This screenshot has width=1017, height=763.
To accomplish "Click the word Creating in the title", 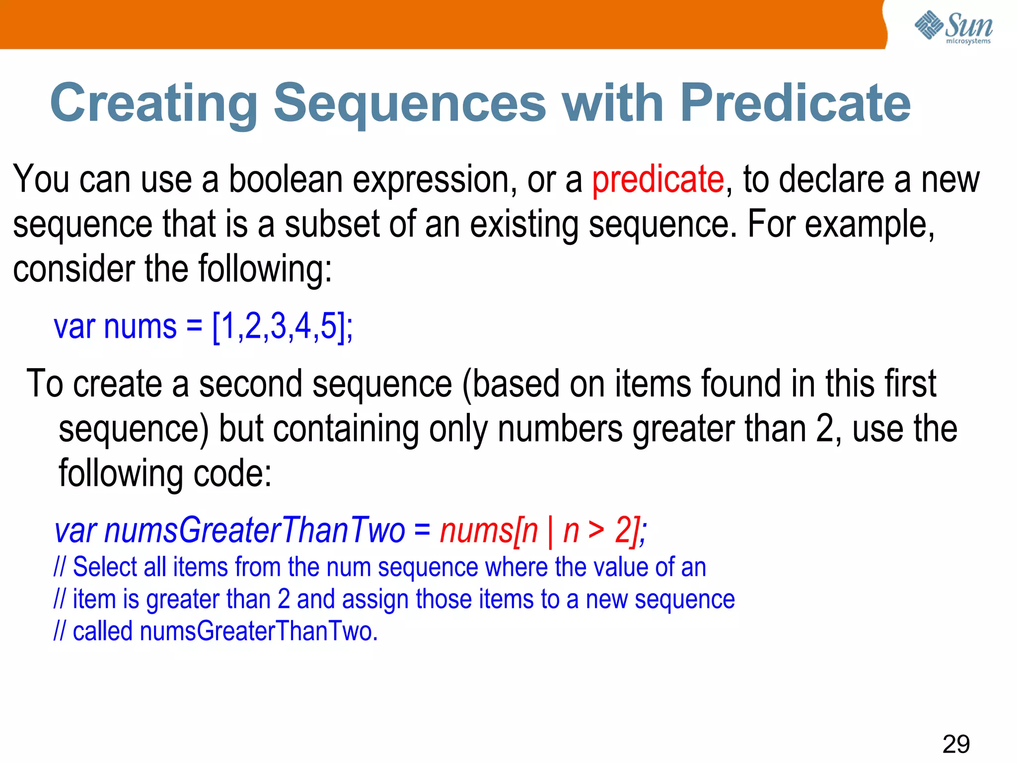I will (154, 103).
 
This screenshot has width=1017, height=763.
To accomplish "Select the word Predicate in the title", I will (795, 103).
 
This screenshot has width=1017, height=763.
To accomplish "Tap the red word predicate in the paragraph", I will (658, 180).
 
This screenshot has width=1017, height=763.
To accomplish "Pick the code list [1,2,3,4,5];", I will (282, 327).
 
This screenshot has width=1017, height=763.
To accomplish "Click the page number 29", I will (956, 744).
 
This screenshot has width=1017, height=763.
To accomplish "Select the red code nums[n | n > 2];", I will (543, 531).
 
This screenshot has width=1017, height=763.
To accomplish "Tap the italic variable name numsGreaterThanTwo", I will (255, 531).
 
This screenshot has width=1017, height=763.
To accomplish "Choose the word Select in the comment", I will (105, 567).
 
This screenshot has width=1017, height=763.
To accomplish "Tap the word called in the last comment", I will (102, 631).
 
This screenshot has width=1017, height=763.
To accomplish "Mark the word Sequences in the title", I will (410, 103).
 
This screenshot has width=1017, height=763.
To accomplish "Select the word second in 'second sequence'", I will (250, 383).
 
